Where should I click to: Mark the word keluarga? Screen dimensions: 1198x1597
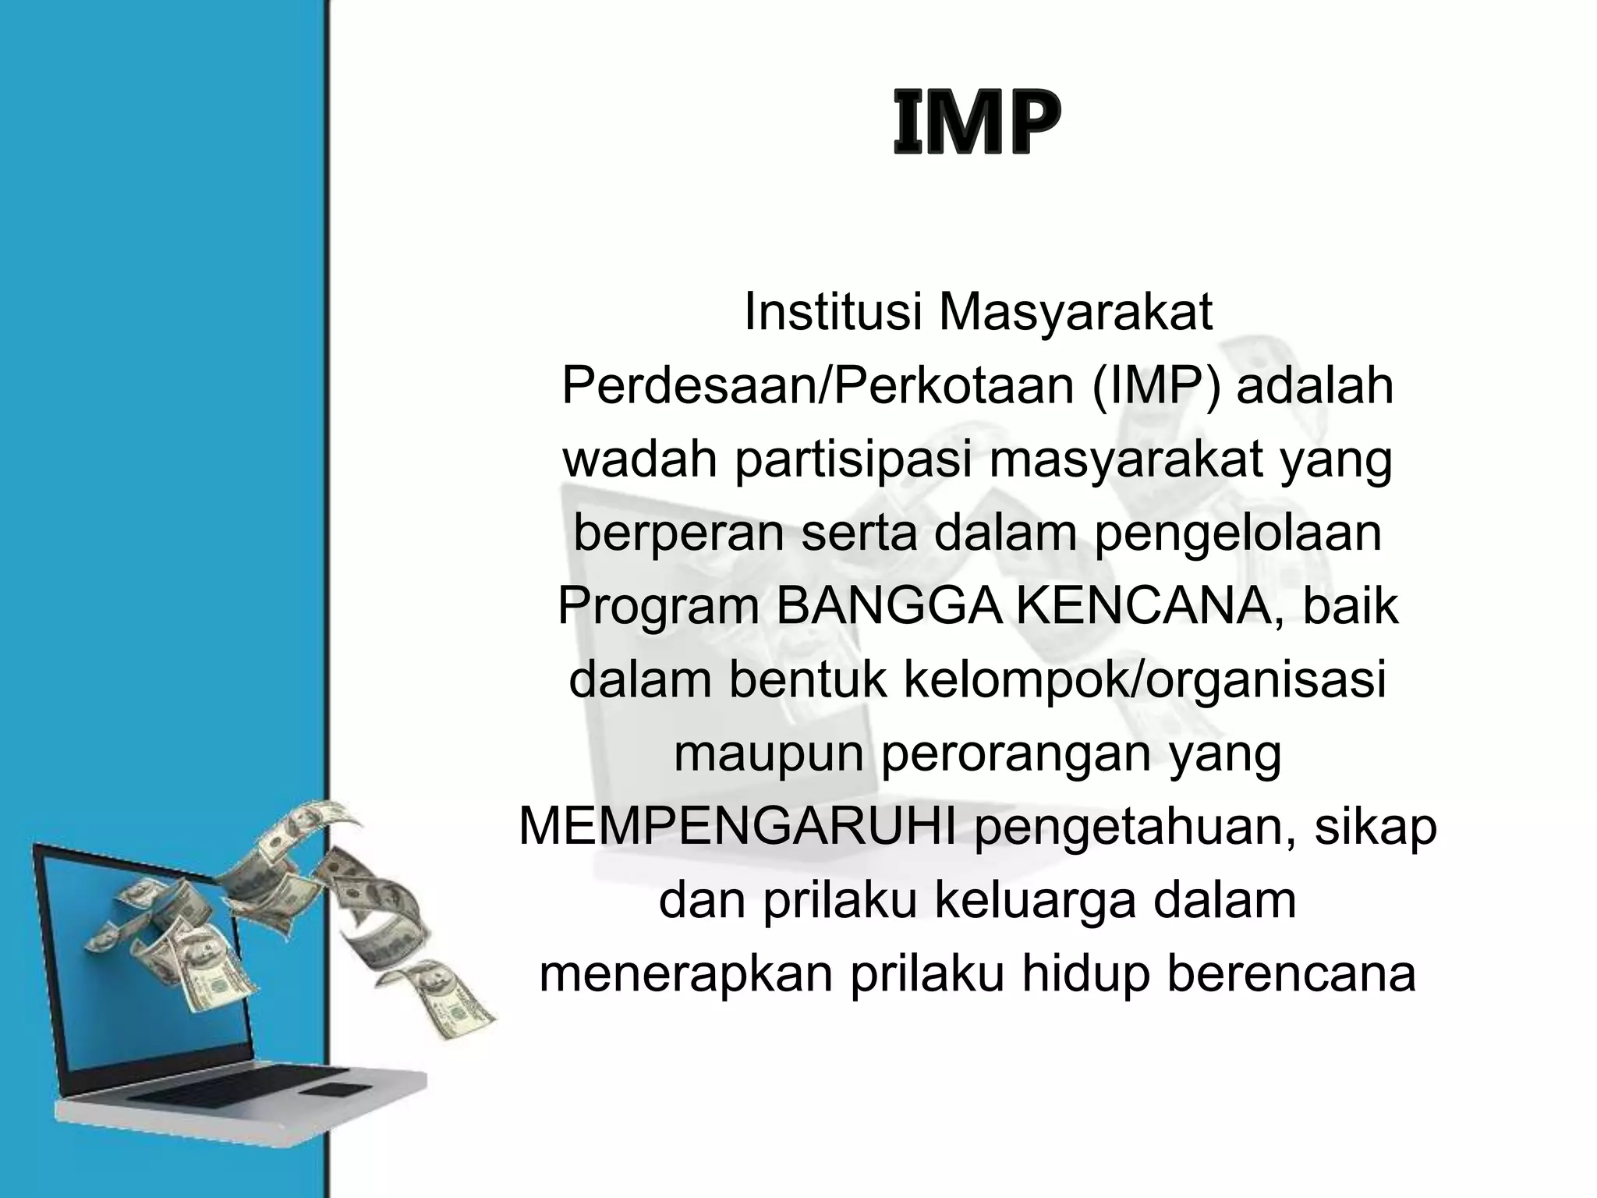pos(1034,901)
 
